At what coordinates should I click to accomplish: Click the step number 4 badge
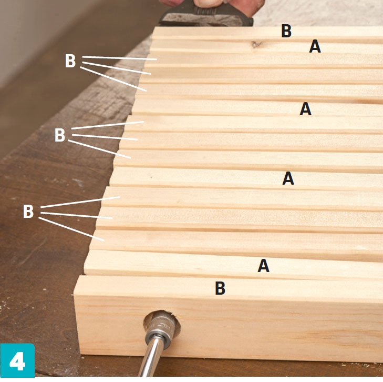click(17, 360)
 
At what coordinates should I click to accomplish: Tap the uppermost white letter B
click(70, 61)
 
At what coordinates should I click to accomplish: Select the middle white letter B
click(59, 135)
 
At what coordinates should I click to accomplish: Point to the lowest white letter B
click(28, 212)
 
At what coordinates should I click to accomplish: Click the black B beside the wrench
click(286, 31)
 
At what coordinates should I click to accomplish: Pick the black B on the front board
click(220, 288)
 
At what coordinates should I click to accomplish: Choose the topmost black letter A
click(315, 46)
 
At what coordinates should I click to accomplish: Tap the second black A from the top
click(306, 109)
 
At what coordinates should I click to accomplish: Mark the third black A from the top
click(288, 178)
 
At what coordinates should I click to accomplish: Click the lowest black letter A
click(264, 266)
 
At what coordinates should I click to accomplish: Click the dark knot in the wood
click(257, 45)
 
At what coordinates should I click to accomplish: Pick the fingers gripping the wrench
click(210, 3)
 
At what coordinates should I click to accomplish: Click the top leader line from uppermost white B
click(119, 58)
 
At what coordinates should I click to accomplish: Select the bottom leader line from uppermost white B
click(113, 79)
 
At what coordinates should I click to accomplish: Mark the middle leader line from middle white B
click(105, 137)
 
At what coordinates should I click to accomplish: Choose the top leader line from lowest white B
click(80, 202)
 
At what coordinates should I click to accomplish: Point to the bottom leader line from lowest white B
click(71, 229)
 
